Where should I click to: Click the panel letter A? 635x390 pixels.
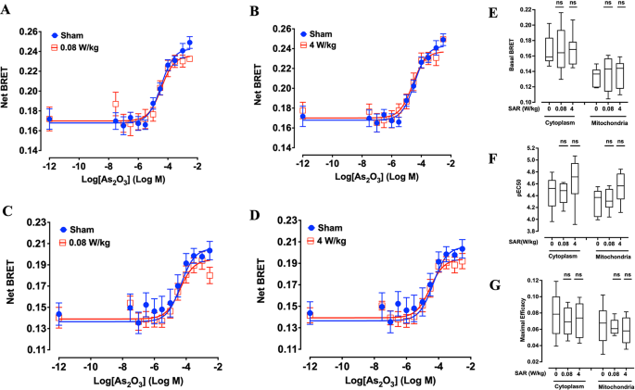click(9, 12)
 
